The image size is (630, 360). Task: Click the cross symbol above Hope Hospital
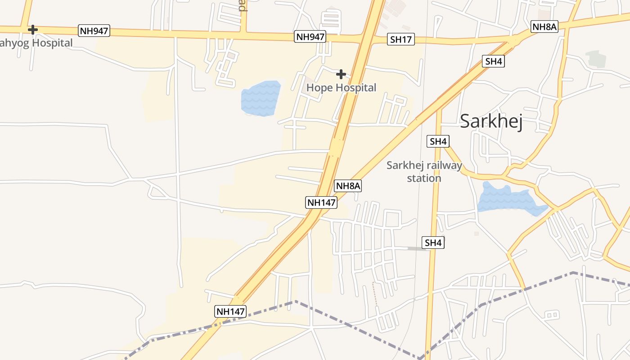(341, 74)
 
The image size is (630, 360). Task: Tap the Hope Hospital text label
(341, 88)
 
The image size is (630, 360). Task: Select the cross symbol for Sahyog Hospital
(32, 30)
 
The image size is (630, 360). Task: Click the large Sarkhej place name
(491, 121)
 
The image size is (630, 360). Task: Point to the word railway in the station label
(444, 166)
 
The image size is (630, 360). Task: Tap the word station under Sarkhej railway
(424, 178)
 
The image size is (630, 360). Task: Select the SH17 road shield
(401, 40)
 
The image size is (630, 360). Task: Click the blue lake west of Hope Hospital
(260, 98)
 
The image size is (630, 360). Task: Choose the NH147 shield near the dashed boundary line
(230, 311)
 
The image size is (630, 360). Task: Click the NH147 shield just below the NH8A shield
(322, 202)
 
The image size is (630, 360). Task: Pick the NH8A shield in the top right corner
(544, 27)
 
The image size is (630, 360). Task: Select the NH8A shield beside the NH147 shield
(348, 186)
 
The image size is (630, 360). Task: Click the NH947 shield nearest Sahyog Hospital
(94, 31)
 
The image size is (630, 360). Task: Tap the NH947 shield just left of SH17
(310, 37)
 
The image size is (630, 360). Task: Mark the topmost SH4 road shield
(494, 62)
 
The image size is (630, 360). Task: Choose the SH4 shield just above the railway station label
(438, 142)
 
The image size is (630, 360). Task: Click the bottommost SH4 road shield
(433, 243)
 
